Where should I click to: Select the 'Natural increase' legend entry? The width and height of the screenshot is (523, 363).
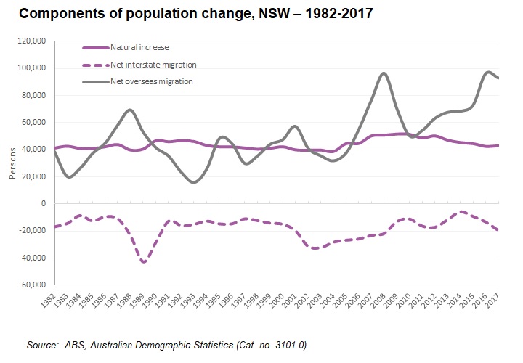pos(139,47)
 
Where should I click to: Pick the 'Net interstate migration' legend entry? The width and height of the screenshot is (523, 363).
pos(153,65)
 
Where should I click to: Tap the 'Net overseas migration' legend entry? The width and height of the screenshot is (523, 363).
pos(151,81)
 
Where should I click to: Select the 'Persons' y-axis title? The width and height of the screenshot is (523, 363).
pos(11,166)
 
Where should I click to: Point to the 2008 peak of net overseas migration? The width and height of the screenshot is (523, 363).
pos(384,73)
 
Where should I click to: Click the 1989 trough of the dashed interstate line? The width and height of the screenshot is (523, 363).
pos(144,262)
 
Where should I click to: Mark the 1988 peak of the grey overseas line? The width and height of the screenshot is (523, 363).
pos(130,110)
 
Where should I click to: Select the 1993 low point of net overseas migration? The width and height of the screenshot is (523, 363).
pos(193,182)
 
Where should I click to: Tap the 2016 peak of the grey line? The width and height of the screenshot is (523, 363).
pos(487,72)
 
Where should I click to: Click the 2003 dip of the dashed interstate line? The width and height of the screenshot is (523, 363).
pos(315,248)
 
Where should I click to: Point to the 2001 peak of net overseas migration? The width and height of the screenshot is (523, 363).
pos(293,126)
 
